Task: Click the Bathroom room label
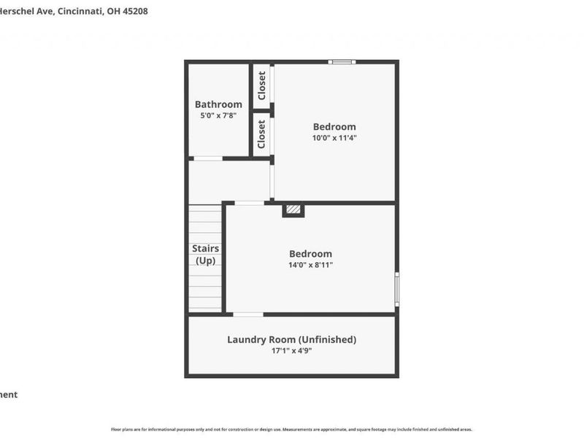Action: (218, 104)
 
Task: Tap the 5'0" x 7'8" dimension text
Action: (218, 115)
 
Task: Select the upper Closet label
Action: (262, 86)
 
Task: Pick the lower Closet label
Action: (262, 134)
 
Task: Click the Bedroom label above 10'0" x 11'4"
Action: (334, 126)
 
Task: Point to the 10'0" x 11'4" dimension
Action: (334, 137)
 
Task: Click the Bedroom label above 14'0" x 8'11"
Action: (310, 254)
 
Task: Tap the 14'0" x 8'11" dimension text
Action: (310, 265)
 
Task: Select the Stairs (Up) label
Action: (205, 254)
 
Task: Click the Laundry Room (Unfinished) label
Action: (291, 339)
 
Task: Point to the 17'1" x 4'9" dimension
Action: (291, 350)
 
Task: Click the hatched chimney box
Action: (293, 210)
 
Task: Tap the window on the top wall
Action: (341, 62)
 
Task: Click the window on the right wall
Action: (397, 289)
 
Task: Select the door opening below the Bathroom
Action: (207, 158)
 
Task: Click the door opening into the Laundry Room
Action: (248, 315)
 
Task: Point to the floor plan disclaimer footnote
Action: (291, 429)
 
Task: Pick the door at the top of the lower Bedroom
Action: (249, 203)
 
